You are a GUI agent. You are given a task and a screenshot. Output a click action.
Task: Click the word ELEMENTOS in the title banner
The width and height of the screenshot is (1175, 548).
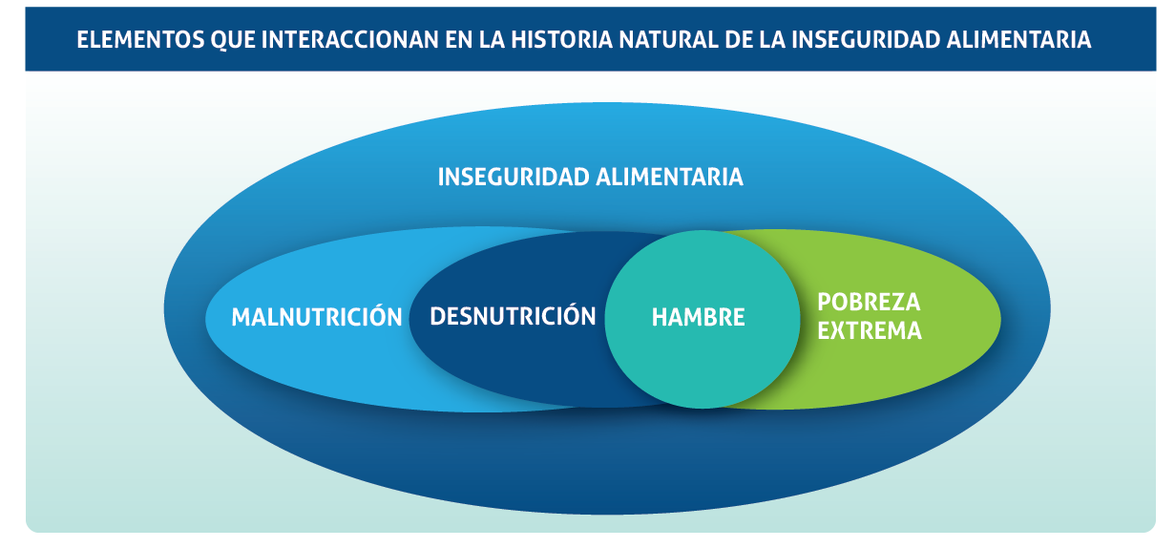pos(140,40)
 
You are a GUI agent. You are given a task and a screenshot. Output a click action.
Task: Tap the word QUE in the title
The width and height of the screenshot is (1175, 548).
pos(232,40)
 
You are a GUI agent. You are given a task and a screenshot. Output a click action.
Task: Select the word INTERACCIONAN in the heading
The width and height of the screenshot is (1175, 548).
pos(349,40)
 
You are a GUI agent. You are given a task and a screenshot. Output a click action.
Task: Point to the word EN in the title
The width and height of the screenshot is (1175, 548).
pos(458,40)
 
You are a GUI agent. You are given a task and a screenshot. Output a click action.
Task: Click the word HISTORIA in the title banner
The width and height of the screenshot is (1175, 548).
pos(562,40)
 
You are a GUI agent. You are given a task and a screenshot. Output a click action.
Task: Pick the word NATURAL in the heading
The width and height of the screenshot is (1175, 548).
pos(669,40)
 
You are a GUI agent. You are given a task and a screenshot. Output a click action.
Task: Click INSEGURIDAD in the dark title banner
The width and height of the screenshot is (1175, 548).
pos(866,40)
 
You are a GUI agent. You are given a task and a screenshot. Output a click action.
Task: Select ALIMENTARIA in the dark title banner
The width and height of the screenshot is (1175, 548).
pos(1018,40)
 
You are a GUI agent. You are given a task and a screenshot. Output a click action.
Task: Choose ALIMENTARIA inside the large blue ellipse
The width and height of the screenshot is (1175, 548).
pos(669,177)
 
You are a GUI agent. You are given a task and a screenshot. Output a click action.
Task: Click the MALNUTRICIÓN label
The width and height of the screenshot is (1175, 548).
pos(317,316)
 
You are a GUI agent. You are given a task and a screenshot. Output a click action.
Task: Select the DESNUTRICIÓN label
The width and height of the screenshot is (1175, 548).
pos(513,315)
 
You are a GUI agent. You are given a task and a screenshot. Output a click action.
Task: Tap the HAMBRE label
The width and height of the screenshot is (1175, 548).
pos(698,318)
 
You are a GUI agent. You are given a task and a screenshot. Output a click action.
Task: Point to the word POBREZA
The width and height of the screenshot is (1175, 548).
pos(869,303)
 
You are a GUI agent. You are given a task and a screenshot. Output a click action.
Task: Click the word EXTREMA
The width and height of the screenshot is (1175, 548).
pos(870,331)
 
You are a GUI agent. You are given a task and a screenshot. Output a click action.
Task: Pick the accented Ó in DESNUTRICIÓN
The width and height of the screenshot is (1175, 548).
pos(568,314)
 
